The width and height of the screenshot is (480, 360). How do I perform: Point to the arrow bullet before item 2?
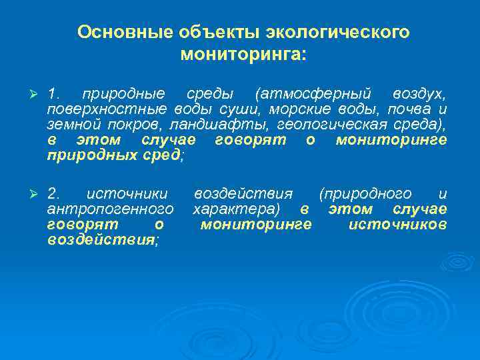27,195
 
